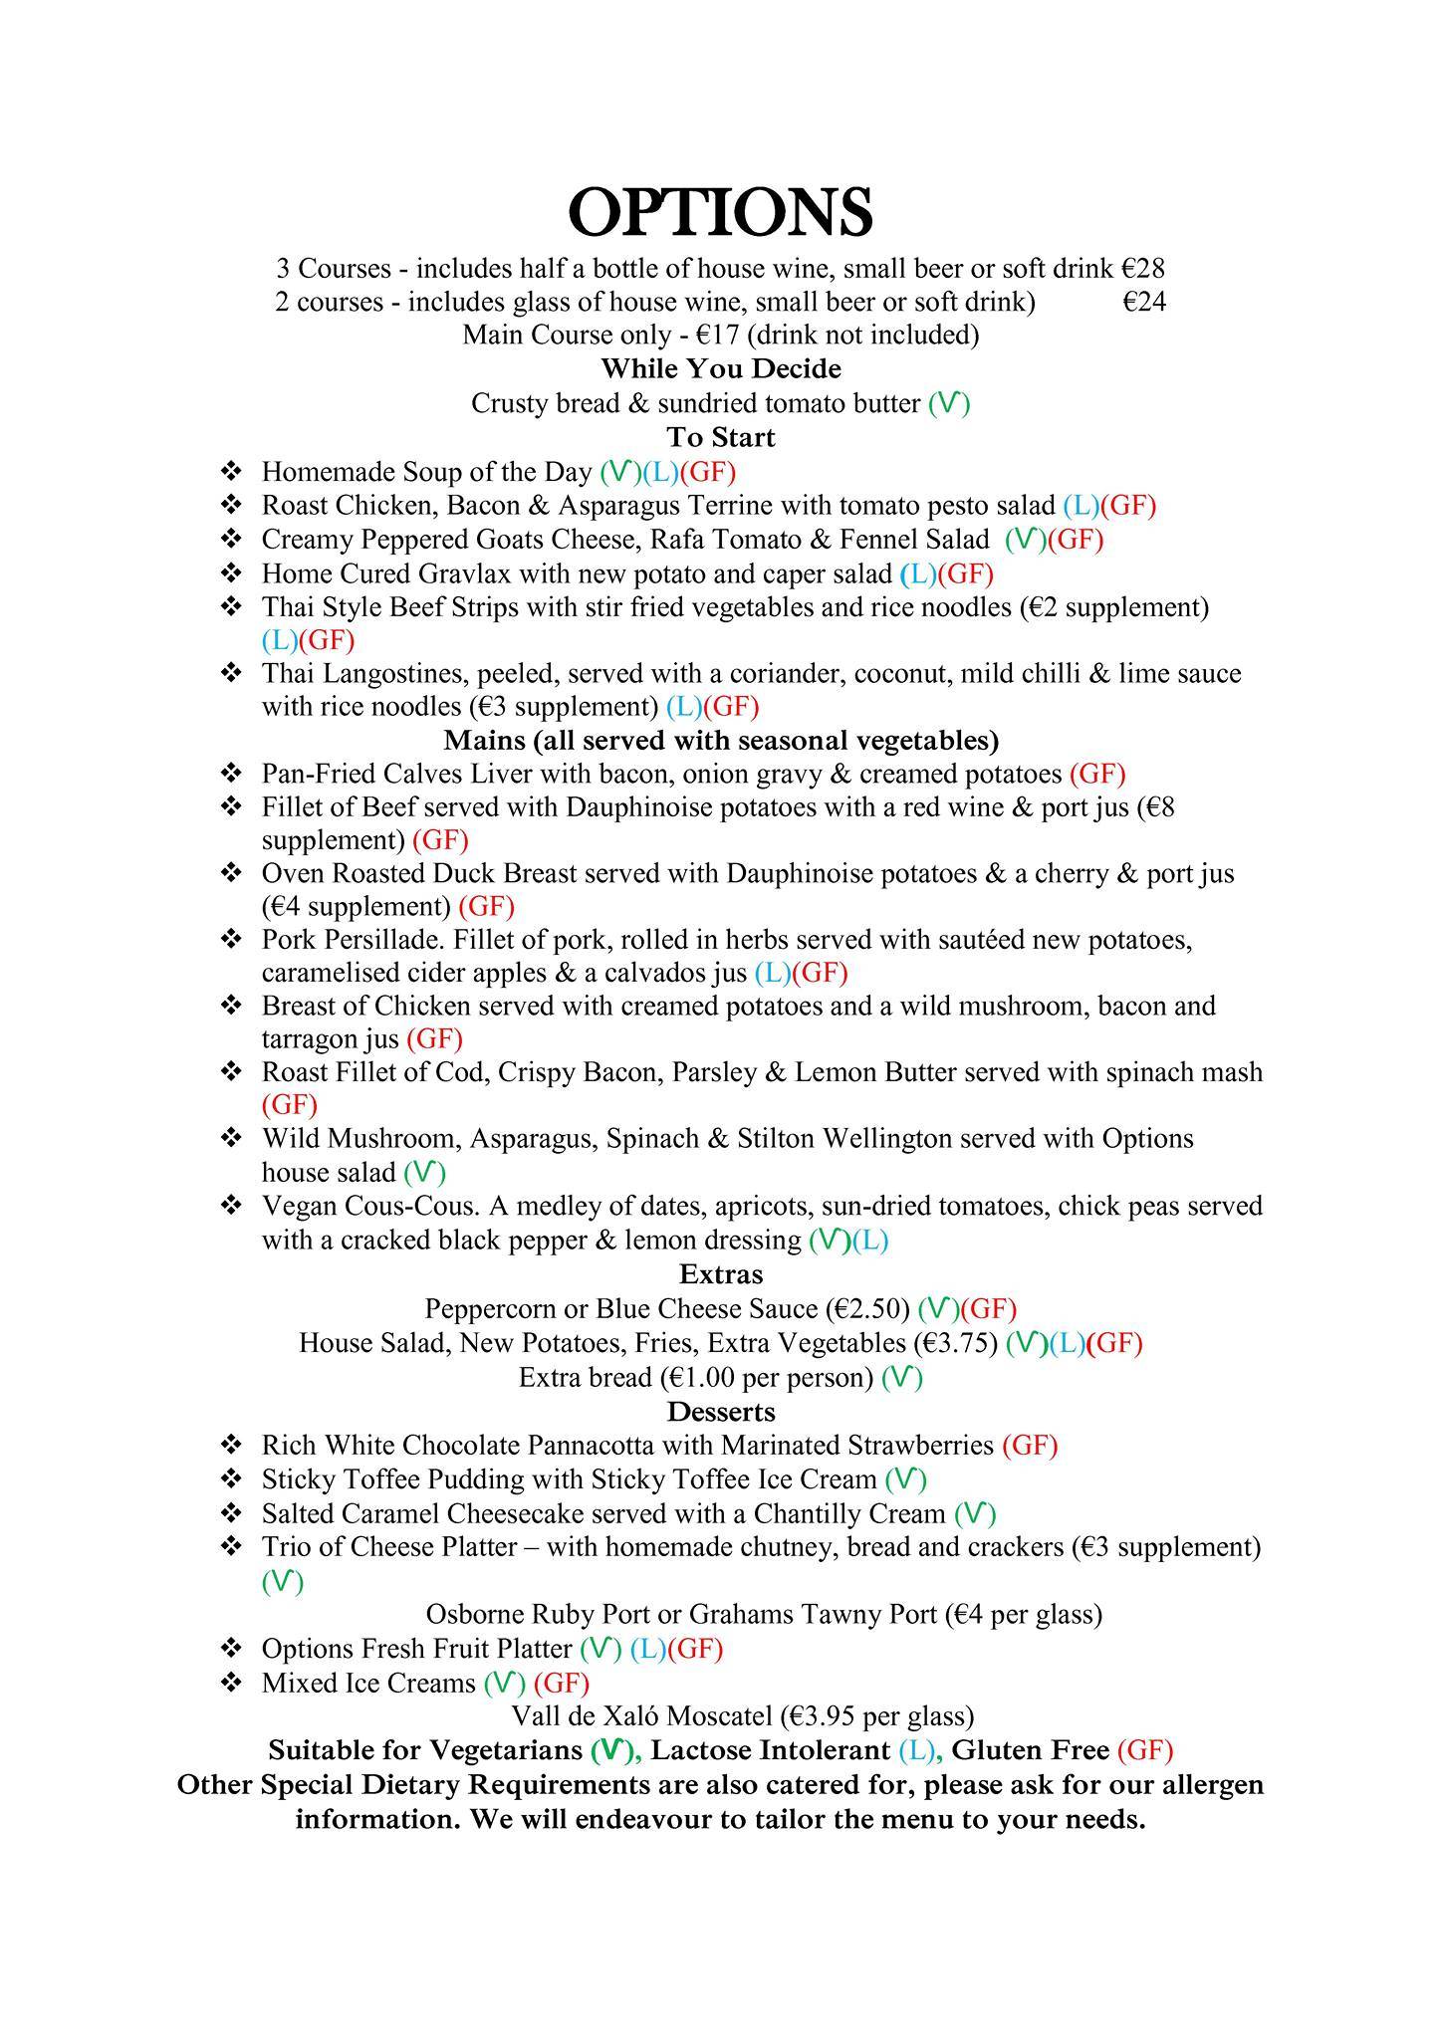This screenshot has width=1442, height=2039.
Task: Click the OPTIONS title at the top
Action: [720, 211]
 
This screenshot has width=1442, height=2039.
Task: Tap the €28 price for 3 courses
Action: [1143, 268]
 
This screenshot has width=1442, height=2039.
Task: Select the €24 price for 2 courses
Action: [1143, 302]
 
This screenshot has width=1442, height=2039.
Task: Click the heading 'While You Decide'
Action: [720, 369]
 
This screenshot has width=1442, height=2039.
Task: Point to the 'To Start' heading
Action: [720, 437]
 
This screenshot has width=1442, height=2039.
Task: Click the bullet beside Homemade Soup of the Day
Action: [231, 471]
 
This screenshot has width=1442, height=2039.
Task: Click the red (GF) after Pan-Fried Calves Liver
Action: [1097, 774]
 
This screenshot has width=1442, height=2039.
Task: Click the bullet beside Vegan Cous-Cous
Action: [231, 1206]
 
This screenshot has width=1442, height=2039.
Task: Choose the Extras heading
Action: [720, 1274]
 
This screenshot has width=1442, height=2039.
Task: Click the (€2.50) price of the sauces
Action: [866, 1308]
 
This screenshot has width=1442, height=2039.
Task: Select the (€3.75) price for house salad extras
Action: [955, 1343]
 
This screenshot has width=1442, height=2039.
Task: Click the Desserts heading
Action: [720, 1412]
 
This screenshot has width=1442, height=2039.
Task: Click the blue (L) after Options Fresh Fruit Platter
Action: [647, 1650]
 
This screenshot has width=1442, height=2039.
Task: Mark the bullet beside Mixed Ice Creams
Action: [231, 1683]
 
